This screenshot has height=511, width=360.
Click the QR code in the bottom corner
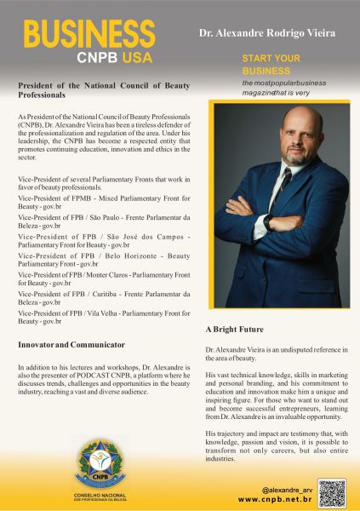tap(332, 492)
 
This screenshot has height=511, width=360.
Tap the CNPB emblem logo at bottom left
tap(101, 464)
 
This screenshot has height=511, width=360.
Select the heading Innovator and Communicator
tap(71, 344)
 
